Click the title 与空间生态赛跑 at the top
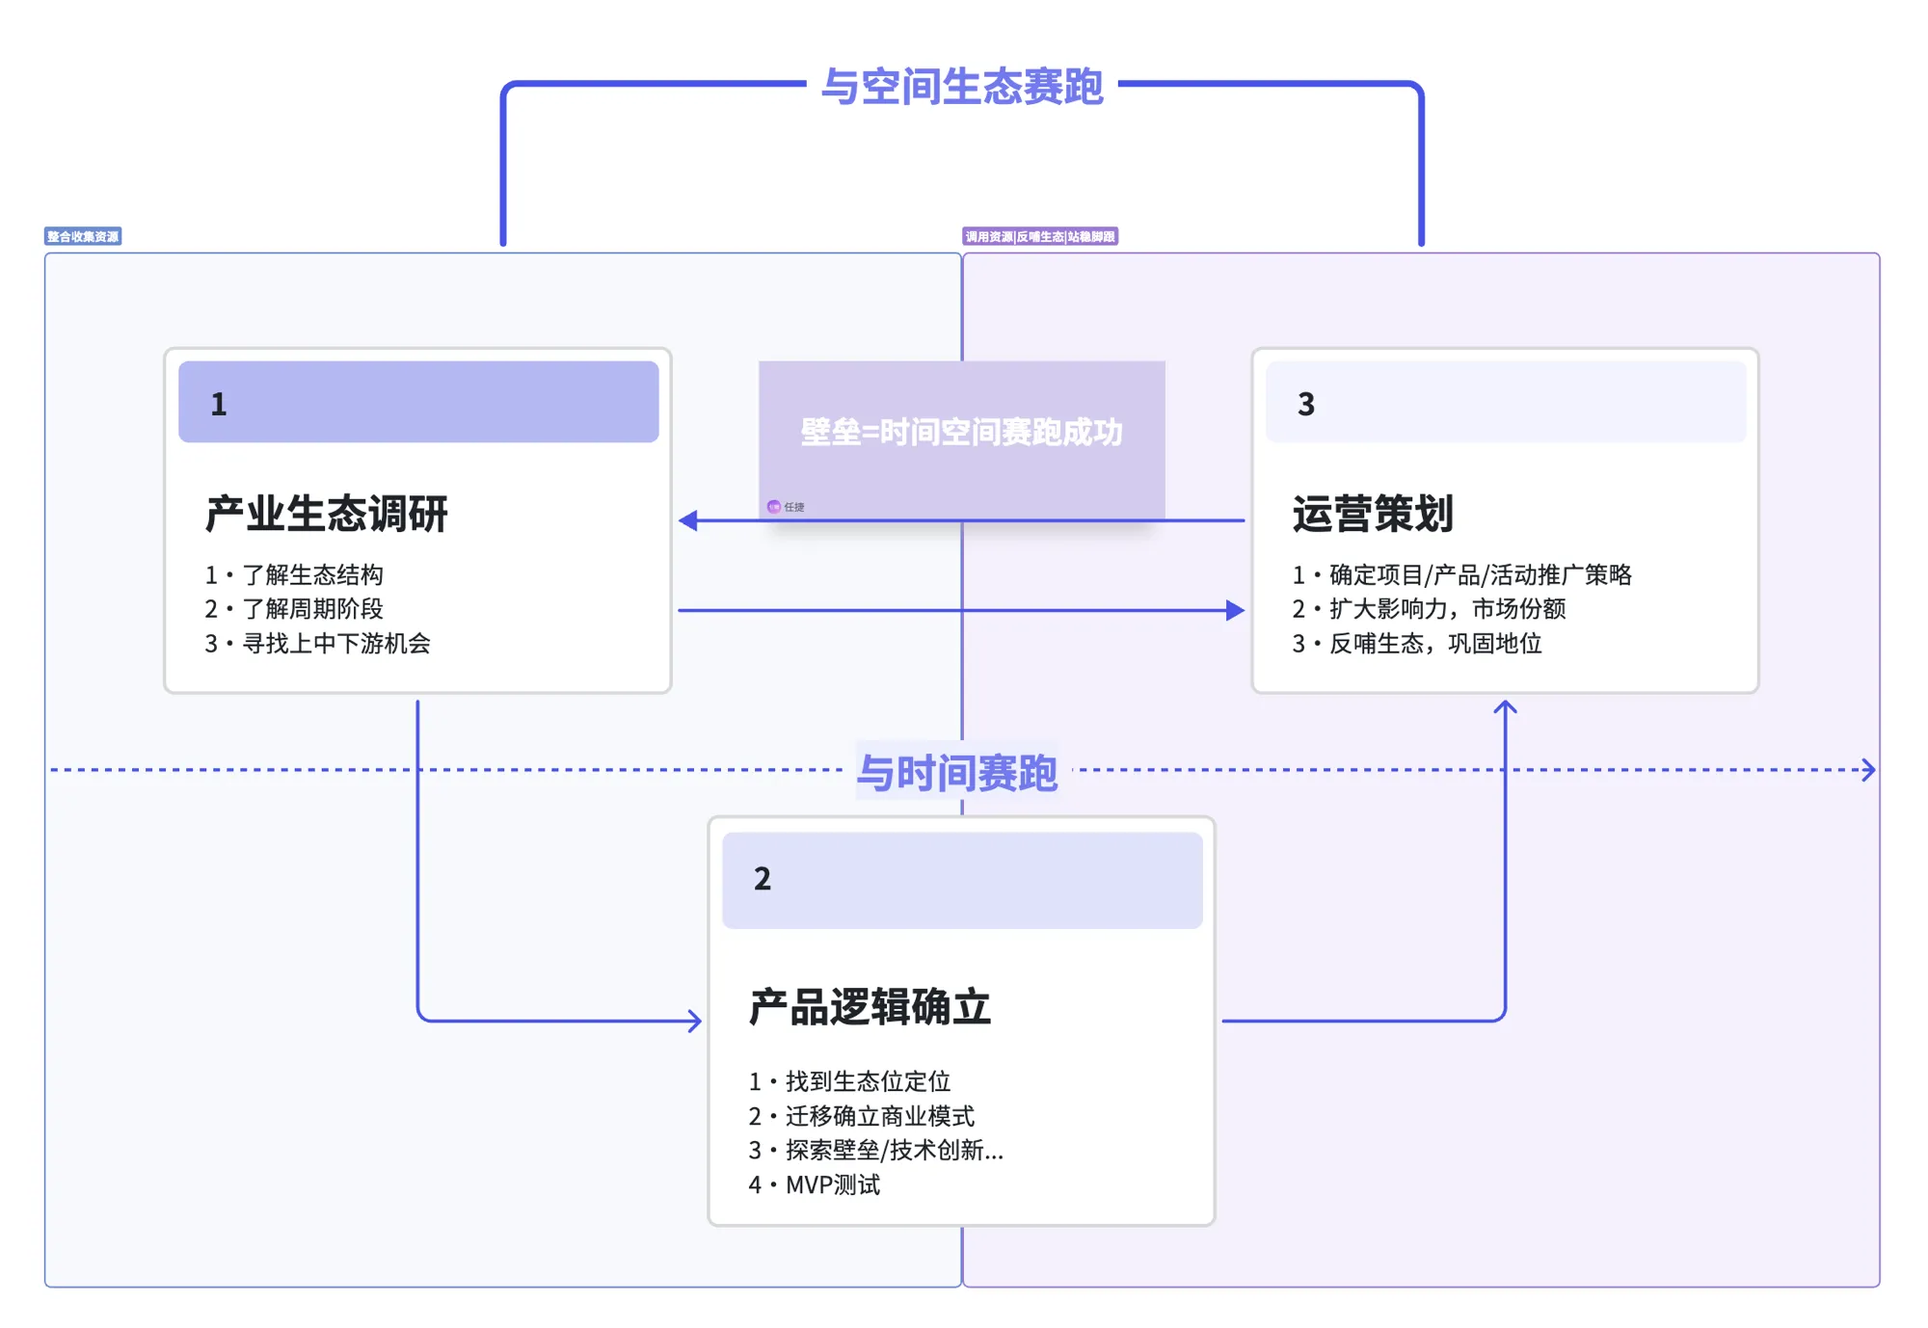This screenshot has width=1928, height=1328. click(x=961, y=87)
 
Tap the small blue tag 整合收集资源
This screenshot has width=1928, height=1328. click(x=83, y=236)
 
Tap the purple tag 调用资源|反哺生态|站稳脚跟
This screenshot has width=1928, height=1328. click(x=1039, y=236)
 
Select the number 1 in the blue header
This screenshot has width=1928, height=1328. click(x=219, y=404)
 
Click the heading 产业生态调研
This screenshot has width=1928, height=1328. click(x=326, y=513)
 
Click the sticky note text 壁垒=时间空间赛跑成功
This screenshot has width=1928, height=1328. click(x=961, y=432)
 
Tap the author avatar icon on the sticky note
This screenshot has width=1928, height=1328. click(x=773, y=507)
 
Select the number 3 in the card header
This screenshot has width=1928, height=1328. click(x=1305, y=404)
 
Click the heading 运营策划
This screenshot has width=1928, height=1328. click(x=1372, y=513)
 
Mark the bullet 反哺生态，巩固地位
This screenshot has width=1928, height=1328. click(x=1434, y=643)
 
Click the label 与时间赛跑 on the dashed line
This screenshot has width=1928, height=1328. click(x=956, y=772)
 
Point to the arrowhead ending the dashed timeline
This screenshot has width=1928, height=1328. click(x=1868, y=770)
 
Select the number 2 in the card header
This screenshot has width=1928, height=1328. click(x=762, y=878)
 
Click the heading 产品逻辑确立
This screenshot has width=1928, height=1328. click(x=870, y=1007)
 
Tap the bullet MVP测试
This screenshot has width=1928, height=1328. click(x=831, y=1184)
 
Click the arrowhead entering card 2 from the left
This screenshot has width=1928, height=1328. click(x=695, y=1021)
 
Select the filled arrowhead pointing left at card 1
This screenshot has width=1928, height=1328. click(x=688, y=520)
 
